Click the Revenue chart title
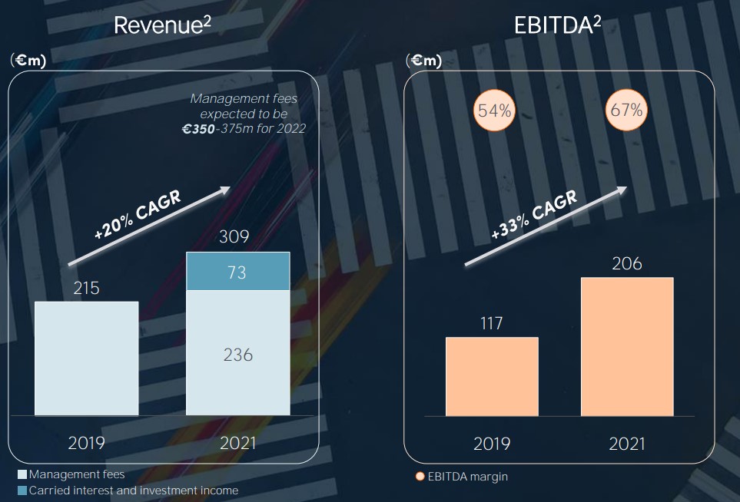click(162, 25)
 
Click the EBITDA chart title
click(557, 25)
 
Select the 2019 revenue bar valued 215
click(87, 358)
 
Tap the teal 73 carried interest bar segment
click(237, 272)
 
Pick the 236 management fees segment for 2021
click(237, 354)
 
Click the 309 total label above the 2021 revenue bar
click(234, 236)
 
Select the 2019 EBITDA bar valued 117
click(492, 376)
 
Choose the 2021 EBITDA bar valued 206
click(627, 346)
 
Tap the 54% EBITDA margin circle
click(494, 111)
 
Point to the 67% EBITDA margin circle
click(626, 110)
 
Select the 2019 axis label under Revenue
click(87, 443)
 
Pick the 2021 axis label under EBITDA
click(627, 444)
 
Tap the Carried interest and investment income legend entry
click(128, 490)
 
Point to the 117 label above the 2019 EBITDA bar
click(491, 323)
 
